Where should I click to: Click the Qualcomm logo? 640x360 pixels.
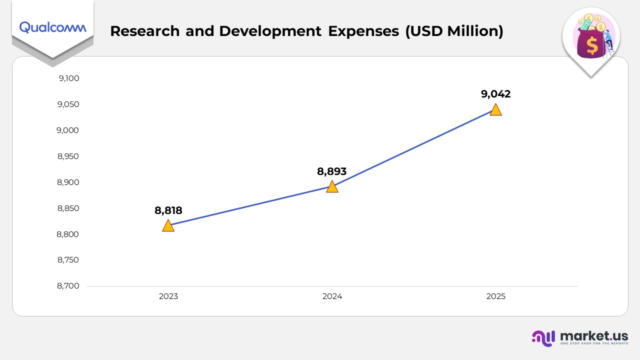(x=52, y=27)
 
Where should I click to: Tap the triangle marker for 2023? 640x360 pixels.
(x=168, y=226)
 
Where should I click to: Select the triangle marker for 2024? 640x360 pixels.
(x=332, y=187)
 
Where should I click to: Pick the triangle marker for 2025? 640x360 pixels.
(x=495, y=110)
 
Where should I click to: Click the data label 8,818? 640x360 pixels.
(x=168, y=210)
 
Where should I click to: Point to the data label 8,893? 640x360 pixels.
(x=331, y=171)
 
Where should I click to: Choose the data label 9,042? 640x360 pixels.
(x=495, y=94)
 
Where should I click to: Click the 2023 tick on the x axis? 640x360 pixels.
(x=168, y=296)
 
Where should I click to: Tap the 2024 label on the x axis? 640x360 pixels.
(x=332, y=296)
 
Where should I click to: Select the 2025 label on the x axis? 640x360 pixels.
(x=495, y=296)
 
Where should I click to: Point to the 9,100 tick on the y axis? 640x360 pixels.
(x=68, y=78)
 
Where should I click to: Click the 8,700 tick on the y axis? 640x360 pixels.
(x=68, y=286)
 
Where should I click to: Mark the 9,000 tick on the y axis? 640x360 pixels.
(x=68, y=130)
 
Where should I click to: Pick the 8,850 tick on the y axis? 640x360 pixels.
(x=68, y=208)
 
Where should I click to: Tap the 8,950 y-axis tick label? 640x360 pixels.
(x=68, y=156)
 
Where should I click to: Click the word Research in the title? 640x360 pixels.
(x=144, y=31)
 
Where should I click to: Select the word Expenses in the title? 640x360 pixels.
(x=363, y=31)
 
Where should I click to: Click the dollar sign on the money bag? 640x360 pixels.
(x=592, y=46)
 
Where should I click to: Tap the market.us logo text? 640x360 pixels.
(x=594, y=335)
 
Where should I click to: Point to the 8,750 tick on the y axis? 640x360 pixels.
(x=68, y=260)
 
